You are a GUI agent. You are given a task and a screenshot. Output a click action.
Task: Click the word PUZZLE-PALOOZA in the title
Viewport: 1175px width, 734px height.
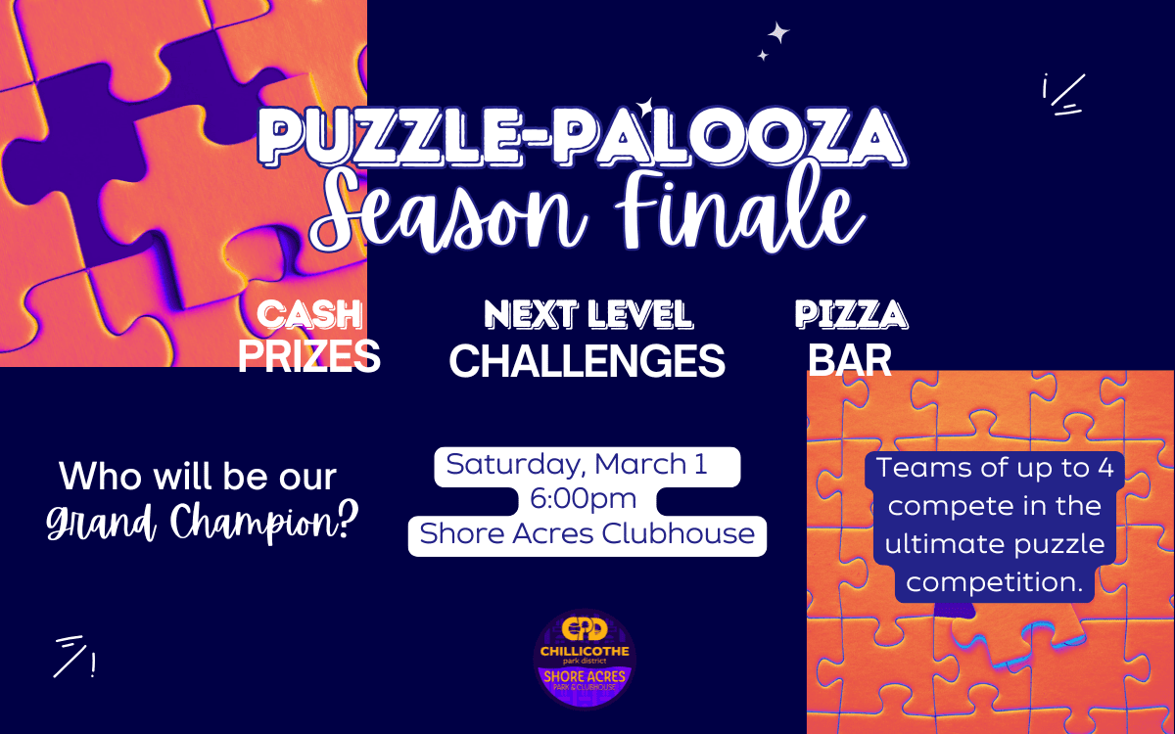pos(583,137)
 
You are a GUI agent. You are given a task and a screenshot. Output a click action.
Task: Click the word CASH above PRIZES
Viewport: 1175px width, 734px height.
pos(309,314)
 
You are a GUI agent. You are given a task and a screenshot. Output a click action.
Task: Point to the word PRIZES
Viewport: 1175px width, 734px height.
pos(309,356)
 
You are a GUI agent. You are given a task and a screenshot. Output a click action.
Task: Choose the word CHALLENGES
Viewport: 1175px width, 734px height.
pos(587,361)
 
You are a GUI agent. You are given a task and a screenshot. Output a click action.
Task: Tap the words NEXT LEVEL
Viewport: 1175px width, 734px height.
pos(588,314)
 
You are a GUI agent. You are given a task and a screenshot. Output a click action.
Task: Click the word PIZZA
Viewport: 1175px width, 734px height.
pos(851,314)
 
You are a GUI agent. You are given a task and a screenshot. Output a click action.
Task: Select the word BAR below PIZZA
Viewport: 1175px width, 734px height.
pos(850,360)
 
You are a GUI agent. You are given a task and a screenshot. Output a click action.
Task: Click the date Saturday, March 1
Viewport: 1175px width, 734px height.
pos(577,465)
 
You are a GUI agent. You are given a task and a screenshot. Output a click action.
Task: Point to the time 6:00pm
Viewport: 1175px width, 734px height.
pos(583,498)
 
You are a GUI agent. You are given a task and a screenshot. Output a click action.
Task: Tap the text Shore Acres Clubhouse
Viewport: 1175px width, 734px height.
pos(587,533)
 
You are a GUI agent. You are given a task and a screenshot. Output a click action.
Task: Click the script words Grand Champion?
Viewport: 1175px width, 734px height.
pos(203,522)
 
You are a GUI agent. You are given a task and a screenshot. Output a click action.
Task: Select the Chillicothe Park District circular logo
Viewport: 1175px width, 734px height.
pos(585,659)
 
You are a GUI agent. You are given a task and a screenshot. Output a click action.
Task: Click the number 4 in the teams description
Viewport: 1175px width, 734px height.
pos(1105,468)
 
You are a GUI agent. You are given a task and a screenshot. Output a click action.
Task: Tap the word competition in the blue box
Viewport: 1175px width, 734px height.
pos(994,582)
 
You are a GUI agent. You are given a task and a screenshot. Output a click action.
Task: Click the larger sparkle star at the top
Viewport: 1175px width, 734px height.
pos(779,32)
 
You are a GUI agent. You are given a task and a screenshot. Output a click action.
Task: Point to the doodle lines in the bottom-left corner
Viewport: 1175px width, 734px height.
pos(74,657)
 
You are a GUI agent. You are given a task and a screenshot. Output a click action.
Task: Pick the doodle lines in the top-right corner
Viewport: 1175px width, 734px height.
pos(1063,94)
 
